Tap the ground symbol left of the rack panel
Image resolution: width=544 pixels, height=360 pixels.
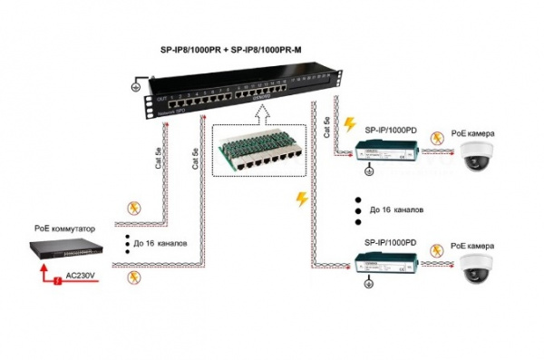(x=137, y=88)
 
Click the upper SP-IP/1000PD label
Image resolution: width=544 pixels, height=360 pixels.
(x=391, y=131)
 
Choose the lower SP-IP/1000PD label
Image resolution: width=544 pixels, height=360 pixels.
(x=391, y=244)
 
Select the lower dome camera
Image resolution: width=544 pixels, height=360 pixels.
(x=478, y=268)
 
